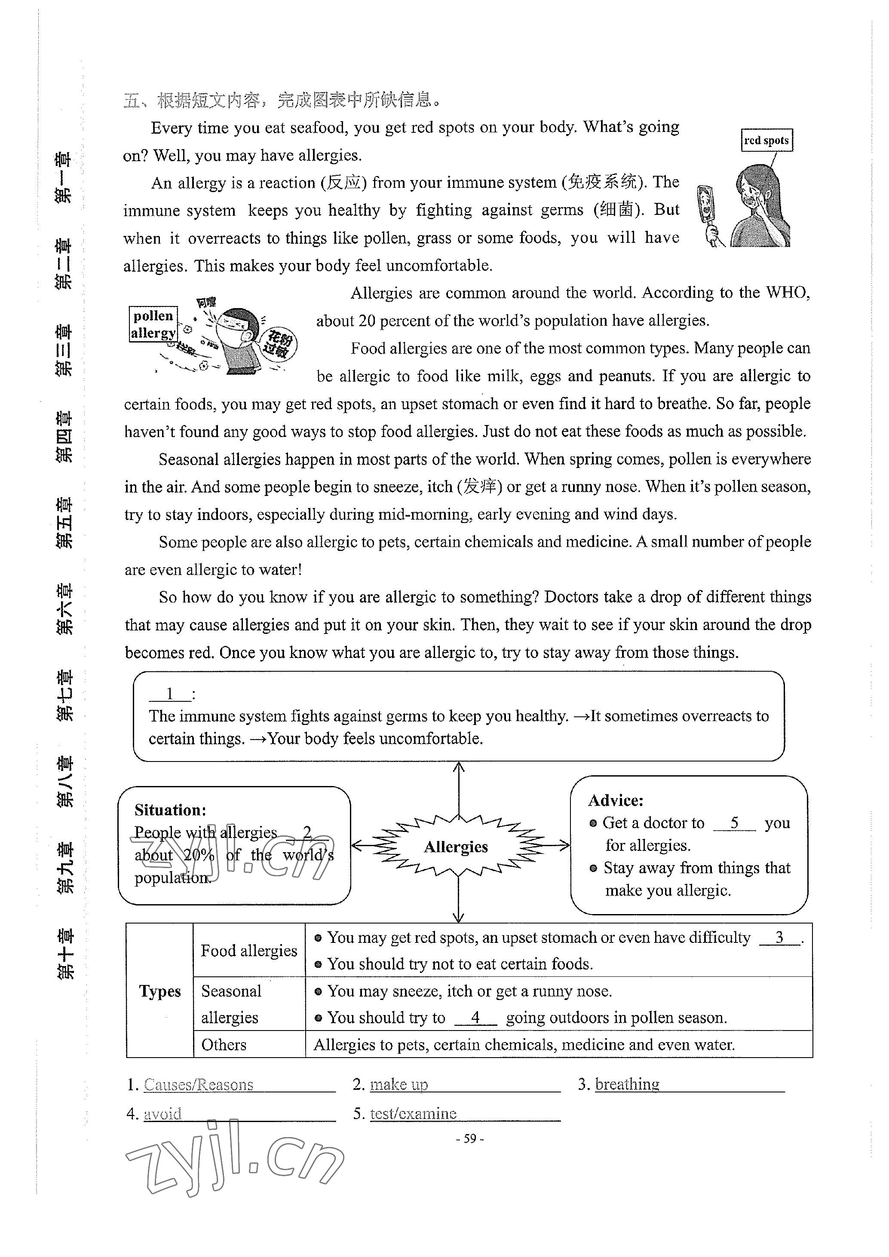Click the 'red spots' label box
(x=766, y=140)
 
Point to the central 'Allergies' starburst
(x=456, y=847)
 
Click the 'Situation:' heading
(x=170, y=810)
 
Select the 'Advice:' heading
(x=616, y=801)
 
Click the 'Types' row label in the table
(x=159, y=991)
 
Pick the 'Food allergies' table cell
(x=248, y=951)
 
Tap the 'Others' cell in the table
(x=224, y=1045)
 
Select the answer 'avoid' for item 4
(x=162, y=1113)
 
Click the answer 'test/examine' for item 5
(x=414, y=1113)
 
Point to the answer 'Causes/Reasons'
(x=198, y=1085)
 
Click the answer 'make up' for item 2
(x=399, y=1085)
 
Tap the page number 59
(x=470, y=1139)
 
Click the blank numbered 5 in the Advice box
(x=734, y=823)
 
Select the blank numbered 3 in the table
(x=779, y=938)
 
